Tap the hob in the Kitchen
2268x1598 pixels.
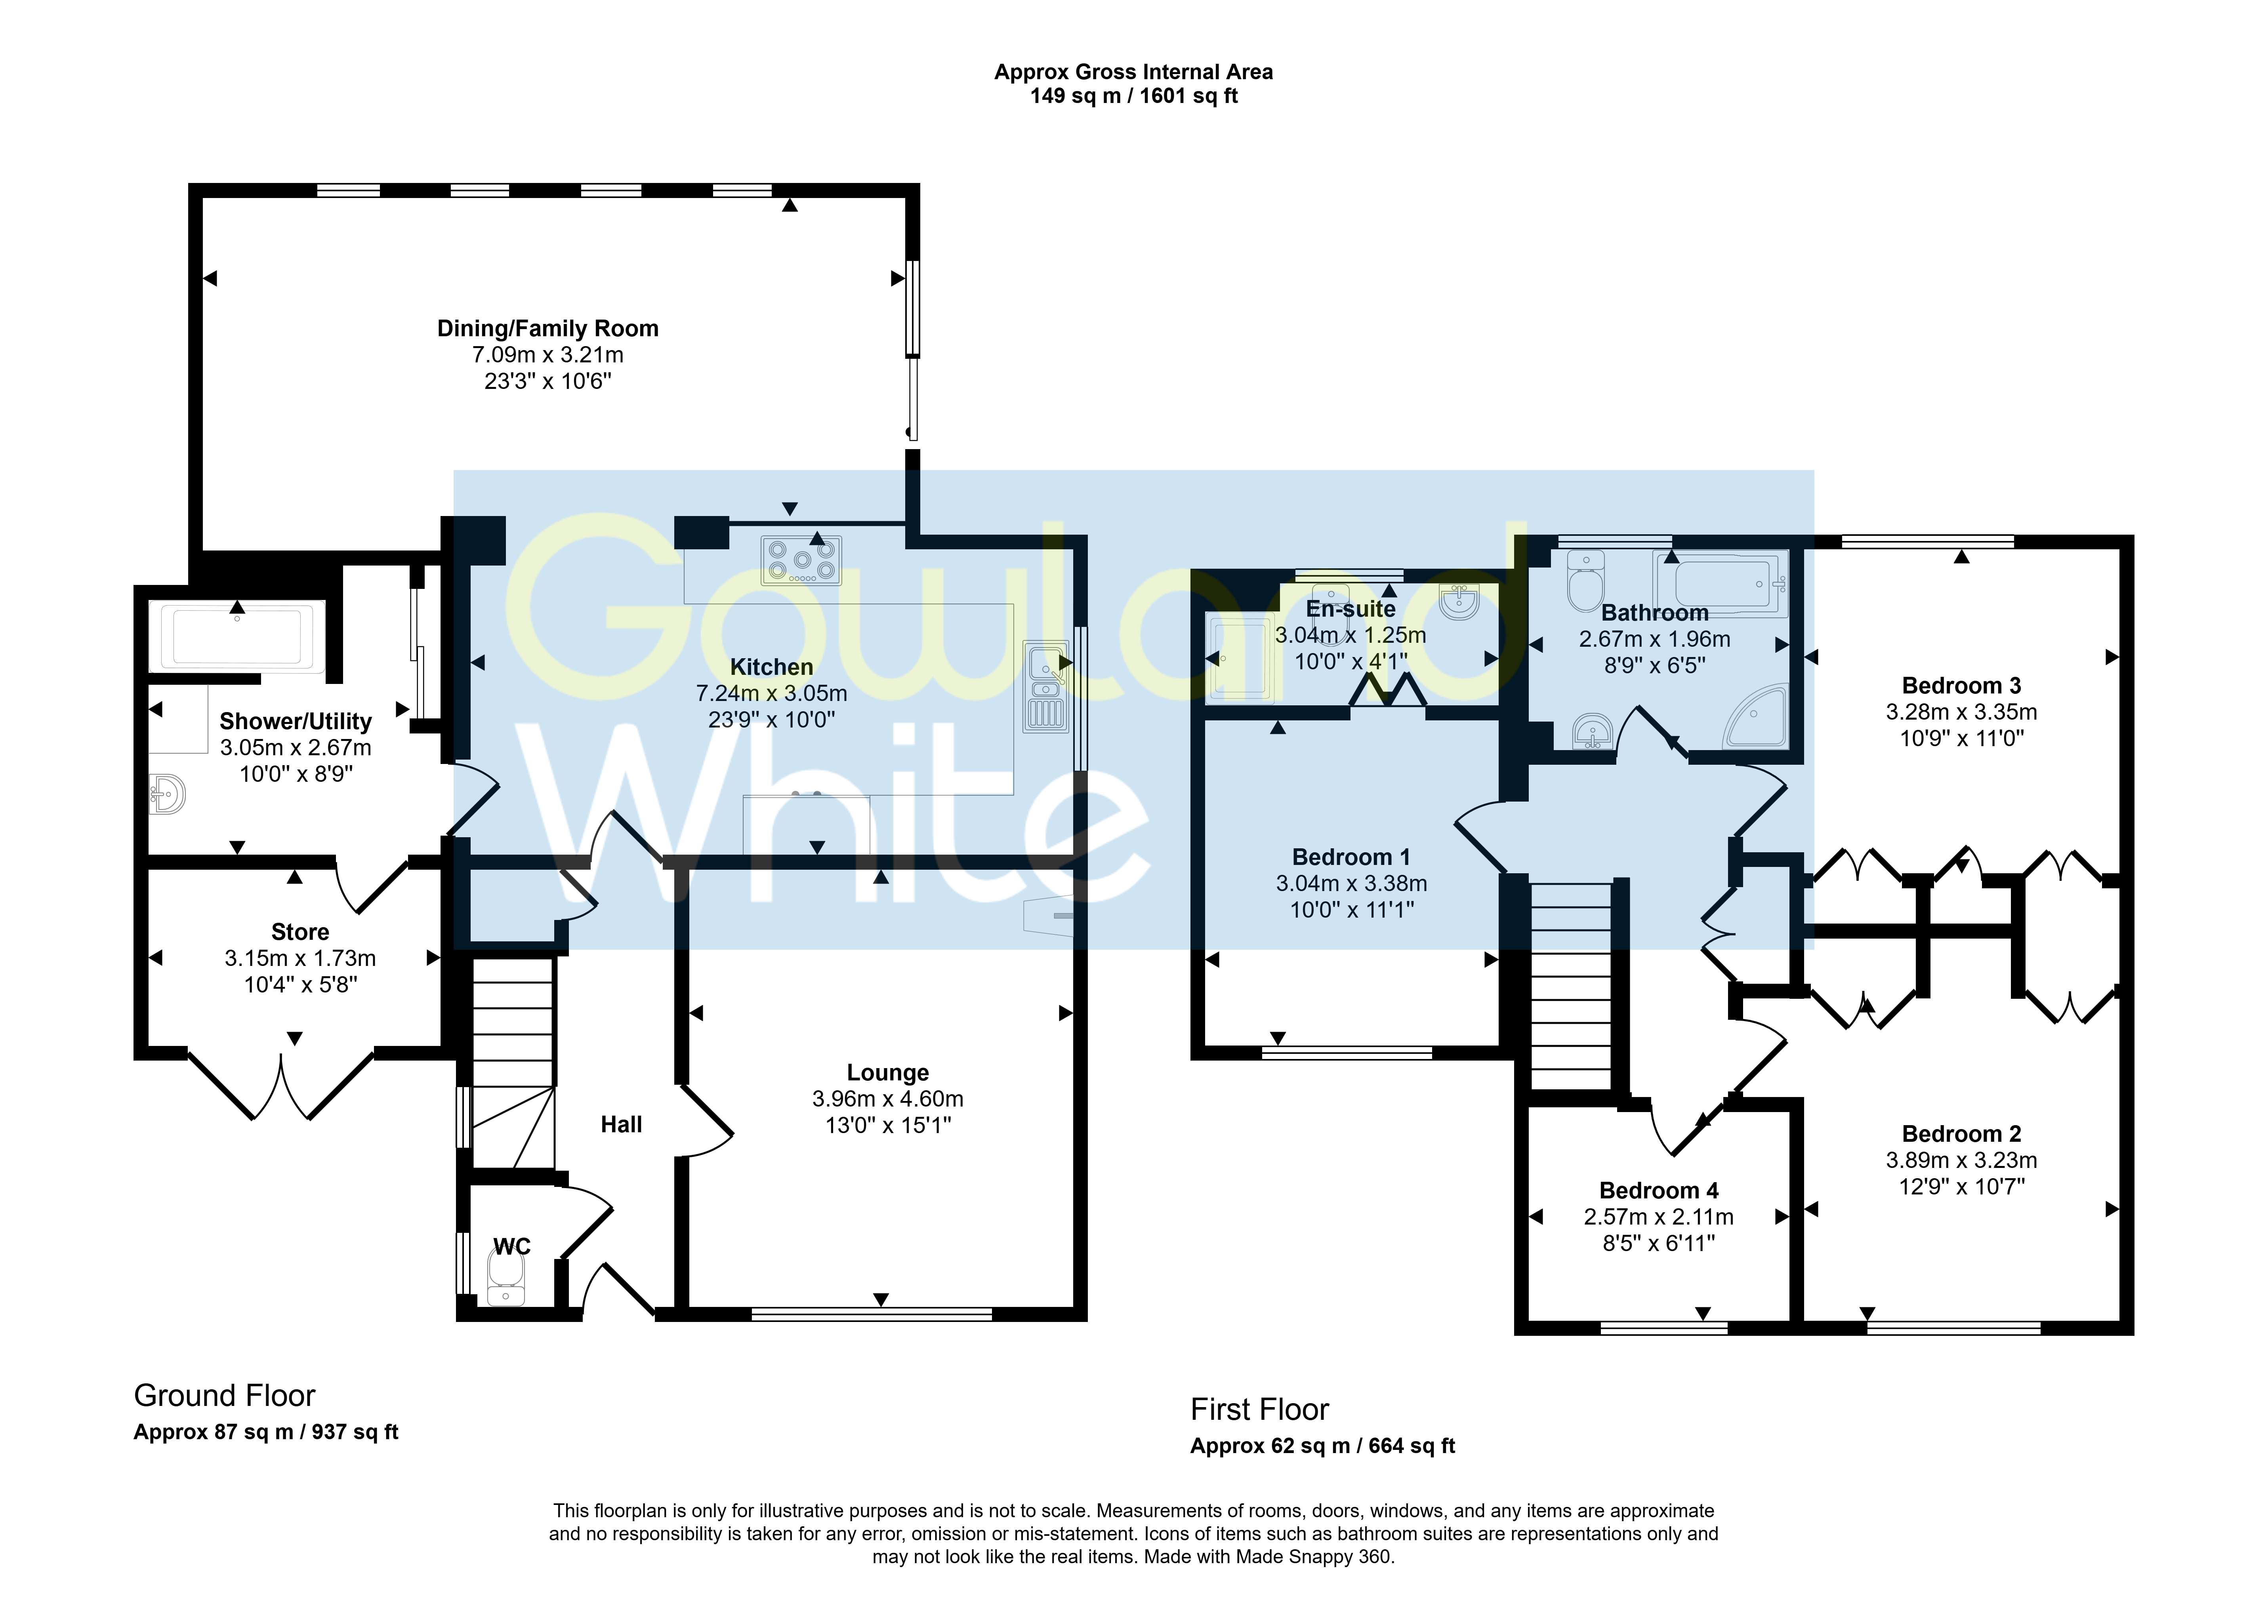[x=801, y=560]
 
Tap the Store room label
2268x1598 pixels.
[x=300, y=932]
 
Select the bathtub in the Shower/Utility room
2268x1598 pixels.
[x=237, y=635]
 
